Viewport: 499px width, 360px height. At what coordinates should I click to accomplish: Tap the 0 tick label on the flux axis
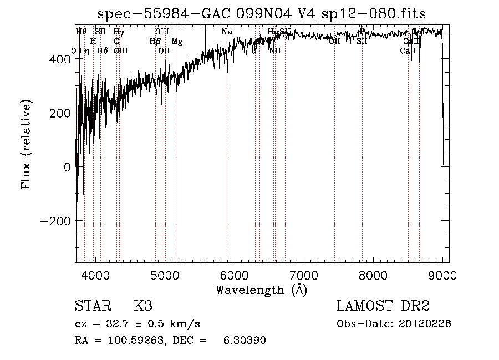pos(67,167)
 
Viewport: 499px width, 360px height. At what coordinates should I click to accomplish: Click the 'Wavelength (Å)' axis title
pos(261,290)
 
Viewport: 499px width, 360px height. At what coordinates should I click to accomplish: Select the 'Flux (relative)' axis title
pos(27,145)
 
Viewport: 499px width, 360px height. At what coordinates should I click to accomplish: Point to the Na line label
pos(227,32)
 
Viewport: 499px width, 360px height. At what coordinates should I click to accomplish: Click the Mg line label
pos(177,42)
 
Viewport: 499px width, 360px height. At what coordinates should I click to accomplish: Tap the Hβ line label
pos(155,42)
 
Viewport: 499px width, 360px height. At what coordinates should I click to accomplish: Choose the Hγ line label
pos(119,32)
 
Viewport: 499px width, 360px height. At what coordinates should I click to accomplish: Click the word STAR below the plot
pos(91,306)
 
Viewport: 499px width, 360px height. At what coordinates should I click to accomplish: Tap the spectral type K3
pos(142,306)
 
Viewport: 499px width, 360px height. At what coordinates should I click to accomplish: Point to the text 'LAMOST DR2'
pos(383,306)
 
